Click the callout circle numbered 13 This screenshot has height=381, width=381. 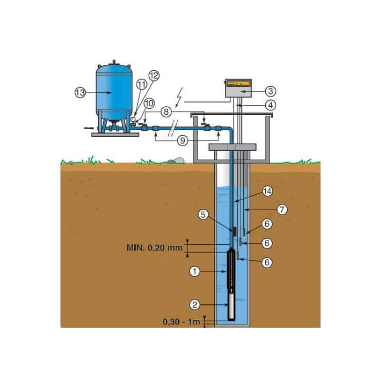pos(80,92)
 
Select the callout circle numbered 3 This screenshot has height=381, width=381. pos(271,91)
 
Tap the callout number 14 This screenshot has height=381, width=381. pos(267,191)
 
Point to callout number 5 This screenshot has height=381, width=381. pos(203,215)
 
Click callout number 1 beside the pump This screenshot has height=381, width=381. pos(195,271)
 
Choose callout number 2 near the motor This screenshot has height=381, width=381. pos(195,304)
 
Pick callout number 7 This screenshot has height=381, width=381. pos(282,210)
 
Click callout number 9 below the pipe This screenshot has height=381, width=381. pos(182,140)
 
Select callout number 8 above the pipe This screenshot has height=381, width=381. pos(166,112)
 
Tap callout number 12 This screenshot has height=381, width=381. pos(154,76)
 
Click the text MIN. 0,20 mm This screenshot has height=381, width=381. pos(154,248)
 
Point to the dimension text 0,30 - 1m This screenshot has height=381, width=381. pos(181,322)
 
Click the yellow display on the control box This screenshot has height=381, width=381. pos(238,84)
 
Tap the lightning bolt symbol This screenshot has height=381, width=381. pos(180,98)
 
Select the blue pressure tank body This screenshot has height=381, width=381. pos(114,92)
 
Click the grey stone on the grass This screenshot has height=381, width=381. pos(176,160)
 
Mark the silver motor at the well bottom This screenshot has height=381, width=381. pos(231,305)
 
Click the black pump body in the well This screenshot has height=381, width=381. pos(231,269)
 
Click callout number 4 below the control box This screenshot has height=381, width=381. pos(271,105)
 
